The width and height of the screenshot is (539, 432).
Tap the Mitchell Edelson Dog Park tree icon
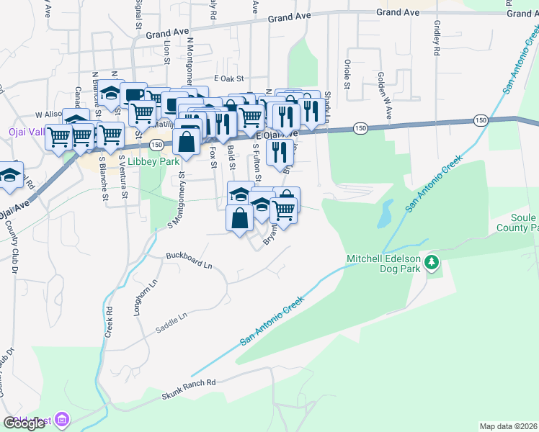[x=432, y=262]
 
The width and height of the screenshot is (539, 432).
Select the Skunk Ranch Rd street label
[x=189, y=390]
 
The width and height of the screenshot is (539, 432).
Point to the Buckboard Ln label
[x=189, y=260]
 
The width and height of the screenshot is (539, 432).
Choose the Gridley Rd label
[x=437, y=37]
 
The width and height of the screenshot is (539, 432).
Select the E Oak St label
[x=230, y=78]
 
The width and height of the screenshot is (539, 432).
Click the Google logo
[x=24, y=423]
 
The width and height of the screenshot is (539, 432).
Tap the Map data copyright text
[x=508, y=426]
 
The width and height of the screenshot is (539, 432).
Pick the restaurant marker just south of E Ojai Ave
[x=278, y=151]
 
